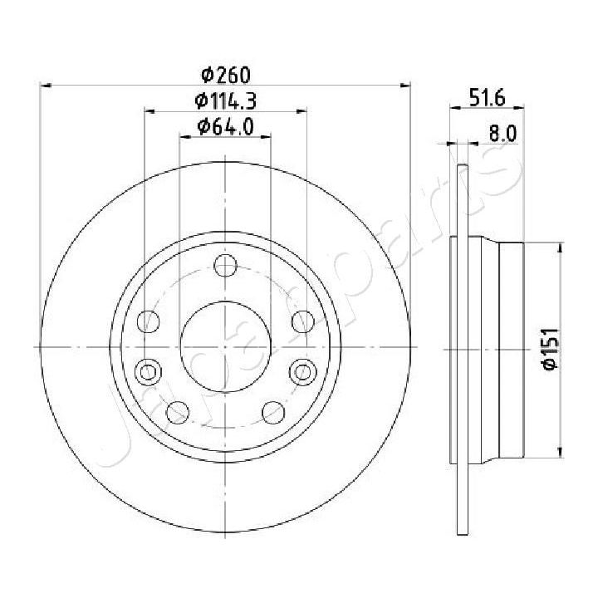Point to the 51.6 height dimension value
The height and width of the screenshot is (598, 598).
tap(487, 99)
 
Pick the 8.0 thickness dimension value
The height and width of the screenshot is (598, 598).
tap(502, 133)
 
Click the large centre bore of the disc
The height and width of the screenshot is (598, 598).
tap(225, 346)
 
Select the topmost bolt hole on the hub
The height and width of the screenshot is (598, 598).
tap(225, 266)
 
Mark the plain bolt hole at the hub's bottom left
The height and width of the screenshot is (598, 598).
tap(177, 410)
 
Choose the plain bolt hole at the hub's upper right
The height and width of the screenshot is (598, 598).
tap(301, 320)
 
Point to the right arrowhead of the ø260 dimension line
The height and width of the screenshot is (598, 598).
tap(406, 85)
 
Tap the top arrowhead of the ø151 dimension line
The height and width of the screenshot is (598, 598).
tap(562, 247)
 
